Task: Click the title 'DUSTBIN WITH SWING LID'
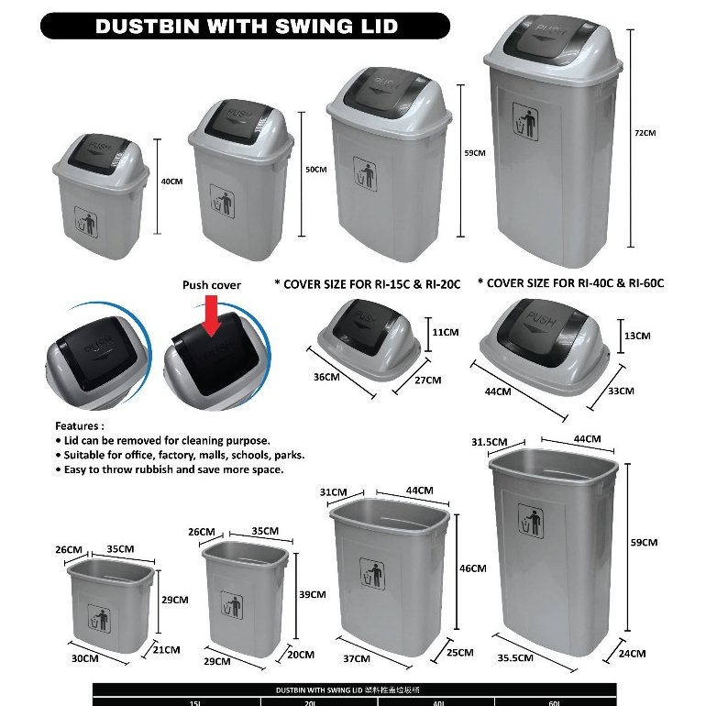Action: pos(246,25)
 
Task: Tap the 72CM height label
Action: pos(645,133)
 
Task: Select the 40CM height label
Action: pos(172,182)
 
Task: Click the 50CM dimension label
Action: pos(315,170)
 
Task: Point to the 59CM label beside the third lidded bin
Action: pos(475,153)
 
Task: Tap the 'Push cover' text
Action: pos(211,285)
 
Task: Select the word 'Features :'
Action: pos(80,426)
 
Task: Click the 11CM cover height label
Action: pos(445,332)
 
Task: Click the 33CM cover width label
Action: pos(621,391)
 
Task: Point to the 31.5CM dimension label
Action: pos(490,442)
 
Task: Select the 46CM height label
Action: pos(472,568)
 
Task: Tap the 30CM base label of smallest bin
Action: pos(84,658)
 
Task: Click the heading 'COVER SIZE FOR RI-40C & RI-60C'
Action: pos(570,283)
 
